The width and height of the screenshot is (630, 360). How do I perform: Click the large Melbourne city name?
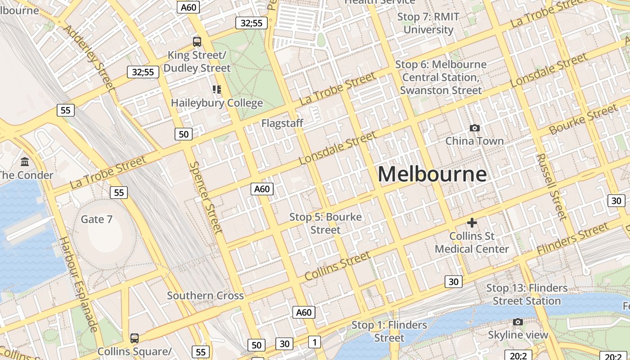(x=432, y=174)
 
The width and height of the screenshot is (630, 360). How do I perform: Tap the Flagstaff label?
(x=282, y=123)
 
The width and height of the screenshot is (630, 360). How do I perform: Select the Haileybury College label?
(x=217, y=103)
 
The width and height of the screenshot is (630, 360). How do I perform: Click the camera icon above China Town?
(x=474, y=128)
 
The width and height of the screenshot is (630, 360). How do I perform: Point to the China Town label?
(x=474, y=141)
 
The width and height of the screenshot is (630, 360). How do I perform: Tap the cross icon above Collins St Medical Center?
(x=472, y=223)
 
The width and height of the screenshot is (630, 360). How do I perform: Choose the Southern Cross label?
(x=205, y=296)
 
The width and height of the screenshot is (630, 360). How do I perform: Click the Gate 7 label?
(x=96, y=219)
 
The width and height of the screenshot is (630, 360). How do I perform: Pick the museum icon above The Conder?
(x=25, y=162)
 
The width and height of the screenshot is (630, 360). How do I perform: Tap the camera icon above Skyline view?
(x=518, y=322)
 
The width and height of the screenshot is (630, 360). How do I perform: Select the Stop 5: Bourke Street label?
(x=325, y=223)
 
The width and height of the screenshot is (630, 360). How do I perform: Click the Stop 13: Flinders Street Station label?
(x=527, y=294)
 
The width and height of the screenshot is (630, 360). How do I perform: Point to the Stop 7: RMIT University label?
(x=428, y=23)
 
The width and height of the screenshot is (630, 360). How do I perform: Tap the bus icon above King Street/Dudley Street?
(x=197, y=42)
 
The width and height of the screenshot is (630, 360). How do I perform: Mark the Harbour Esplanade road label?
(x=79, y=284)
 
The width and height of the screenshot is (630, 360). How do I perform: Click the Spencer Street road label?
(x=206, y=197)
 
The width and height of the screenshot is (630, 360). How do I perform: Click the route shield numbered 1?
(x=315, y=342)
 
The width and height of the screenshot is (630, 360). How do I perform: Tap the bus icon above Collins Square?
(x=134, y=338)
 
